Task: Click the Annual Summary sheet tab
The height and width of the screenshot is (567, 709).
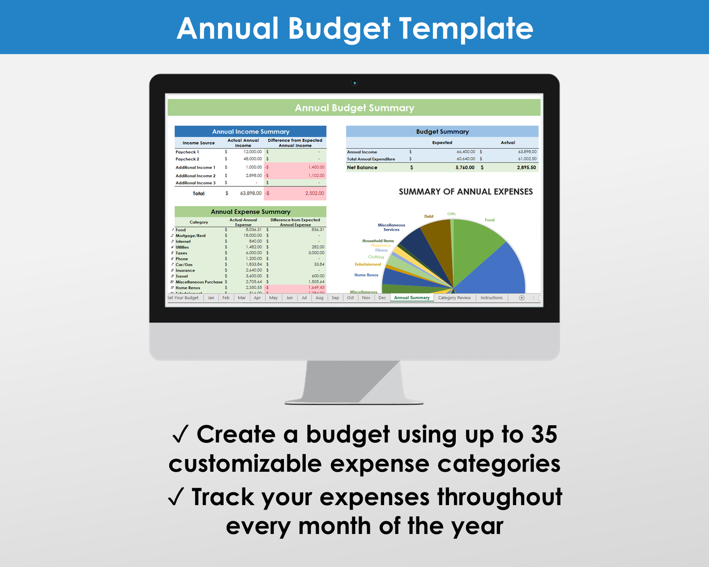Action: (412, 298)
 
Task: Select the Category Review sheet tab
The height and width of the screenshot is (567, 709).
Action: (454, 298)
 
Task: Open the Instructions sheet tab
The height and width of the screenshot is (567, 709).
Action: (491, 298)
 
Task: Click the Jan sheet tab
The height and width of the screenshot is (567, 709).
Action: (211, 298)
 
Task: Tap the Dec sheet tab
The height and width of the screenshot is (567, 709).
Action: (382, 298)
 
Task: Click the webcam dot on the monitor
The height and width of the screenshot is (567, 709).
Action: (354, 83)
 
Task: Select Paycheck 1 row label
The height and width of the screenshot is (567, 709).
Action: (187, 152)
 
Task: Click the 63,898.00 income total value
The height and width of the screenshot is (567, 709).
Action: (251, 193)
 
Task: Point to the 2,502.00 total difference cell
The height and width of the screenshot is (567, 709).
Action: (314, 193)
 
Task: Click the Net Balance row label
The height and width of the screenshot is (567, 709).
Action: (362, 167)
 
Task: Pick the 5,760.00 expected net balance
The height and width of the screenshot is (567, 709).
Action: (465, 167)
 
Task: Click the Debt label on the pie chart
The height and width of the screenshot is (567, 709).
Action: (429, 216)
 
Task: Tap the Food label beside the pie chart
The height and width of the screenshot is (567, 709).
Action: (489, 220)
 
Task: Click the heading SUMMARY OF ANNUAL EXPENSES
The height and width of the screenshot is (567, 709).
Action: (466, 192)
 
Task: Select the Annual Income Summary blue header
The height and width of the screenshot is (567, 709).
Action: (250, 131)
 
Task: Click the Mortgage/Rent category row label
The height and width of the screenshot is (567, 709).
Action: (191, 235)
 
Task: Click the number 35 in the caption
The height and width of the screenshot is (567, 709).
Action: (544, 434)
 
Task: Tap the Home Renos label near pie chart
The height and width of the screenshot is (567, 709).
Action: (367, 275)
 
